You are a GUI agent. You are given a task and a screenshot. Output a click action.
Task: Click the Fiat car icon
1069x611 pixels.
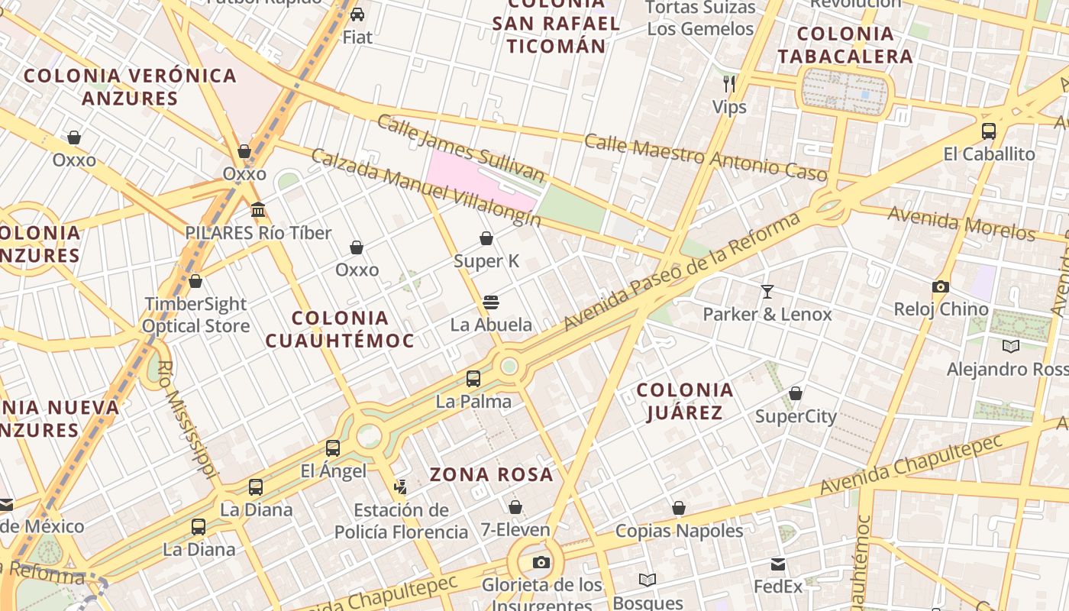point(357,14)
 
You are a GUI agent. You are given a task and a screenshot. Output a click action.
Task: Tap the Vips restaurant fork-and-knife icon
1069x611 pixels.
point(729,83)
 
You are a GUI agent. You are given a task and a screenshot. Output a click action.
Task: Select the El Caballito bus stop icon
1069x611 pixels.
point(989,131)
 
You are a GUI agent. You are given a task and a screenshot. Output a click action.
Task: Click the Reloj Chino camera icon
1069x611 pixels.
point(941,286)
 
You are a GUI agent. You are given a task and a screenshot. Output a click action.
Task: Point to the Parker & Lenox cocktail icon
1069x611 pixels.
point(767,291)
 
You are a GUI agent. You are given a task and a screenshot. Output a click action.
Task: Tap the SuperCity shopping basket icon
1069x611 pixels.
point(796,393)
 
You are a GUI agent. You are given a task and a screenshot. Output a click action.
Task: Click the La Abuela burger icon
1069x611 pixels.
point(491,302)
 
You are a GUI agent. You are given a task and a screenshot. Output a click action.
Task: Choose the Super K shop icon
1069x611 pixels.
point(486,238)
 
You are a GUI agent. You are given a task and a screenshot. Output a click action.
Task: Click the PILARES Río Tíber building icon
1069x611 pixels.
point(258,209)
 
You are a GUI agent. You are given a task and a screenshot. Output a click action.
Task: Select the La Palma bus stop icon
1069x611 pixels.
point(473,378)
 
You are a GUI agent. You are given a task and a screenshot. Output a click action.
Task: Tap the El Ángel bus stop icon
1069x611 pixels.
point(333,448)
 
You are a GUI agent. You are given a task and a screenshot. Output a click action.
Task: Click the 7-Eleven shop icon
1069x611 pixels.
point(515,507)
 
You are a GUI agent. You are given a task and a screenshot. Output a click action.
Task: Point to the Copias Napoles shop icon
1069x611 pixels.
point(679,508)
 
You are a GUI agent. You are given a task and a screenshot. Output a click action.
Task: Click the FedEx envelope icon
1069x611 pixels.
point(778,564)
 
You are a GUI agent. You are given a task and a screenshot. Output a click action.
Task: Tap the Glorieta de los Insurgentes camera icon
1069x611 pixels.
point(541,563)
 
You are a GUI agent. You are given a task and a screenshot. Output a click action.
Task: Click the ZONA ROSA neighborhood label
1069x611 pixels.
point(491,474)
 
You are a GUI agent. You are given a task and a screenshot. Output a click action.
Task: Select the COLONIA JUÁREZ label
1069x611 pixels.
point(685,401)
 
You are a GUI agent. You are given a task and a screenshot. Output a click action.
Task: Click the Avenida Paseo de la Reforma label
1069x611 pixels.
point(682,272)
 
